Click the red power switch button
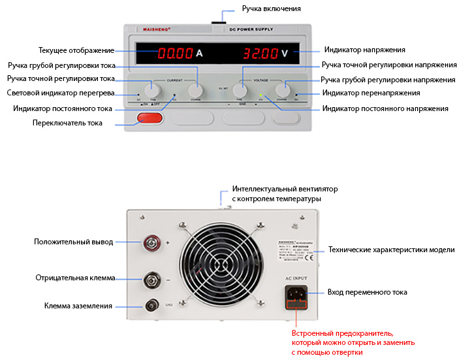(x=150, y=118)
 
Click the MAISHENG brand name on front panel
(x=156, y=29)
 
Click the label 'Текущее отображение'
(x=76, y=50)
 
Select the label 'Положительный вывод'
(x=74, y=242)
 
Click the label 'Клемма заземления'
(x=78, y=306)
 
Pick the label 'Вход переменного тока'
(x=368, y=292)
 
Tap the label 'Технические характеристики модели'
(x=391, y=250)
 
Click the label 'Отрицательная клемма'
(x=75, y=278)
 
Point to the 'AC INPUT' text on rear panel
(x=295, y=278)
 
